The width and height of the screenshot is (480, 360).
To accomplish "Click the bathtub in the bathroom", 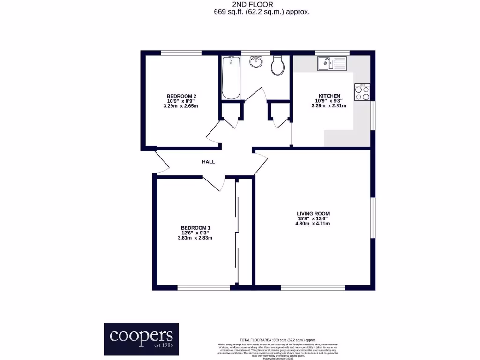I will point(231,78).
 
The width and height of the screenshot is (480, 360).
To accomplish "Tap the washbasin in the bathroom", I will point(256,62).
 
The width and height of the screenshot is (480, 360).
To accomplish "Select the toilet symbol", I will point(277,66).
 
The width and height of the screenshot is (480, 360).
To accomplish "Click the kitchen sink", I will point(331,63).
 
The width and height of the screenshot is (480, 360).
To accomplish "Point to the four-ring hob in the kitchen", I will point(362,92).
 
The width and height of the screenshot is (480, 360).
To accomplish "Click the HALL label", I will point(208,162).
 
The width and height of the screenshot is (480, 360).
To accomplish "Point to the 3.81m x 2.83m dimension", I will point(195,238).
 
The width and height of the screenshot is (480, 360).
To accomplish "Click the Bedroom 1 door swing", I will point(214,183).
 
